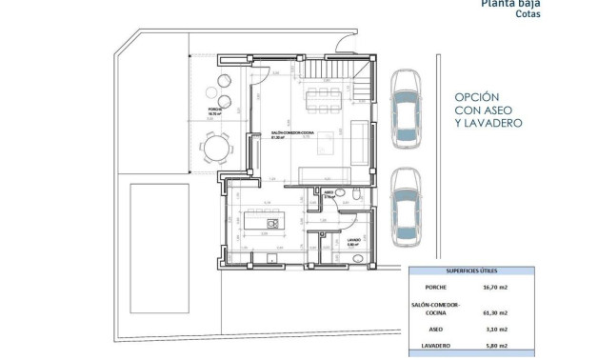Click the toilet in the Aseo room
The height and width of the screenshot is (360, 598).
354,196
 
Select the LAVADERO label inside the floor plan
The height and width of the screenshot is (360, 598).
352,240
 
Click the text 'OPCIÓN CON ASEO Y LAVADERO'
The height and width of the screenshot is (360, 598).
488,110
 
